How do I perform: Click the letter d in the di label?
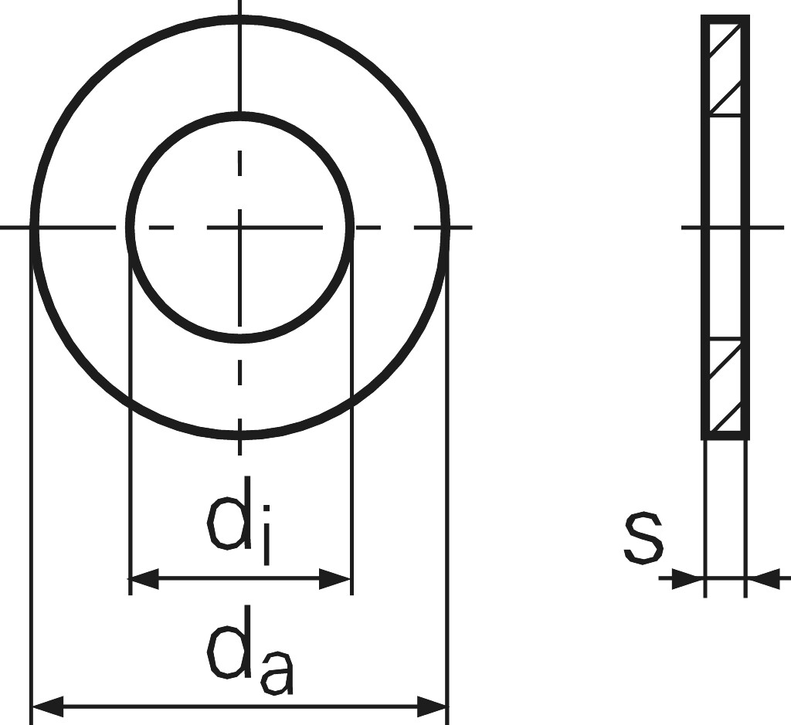point(228,513)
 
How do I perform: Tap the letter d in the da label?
point(228,642)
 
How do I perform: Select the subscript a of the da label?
point(277,673)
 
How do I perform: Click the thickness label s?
point(643,538)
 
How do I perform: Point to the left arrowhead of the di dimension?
point(144,579)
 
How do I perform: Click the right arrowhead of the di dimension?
point(335,579)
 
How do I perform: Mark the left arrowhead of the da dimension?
point(48,706)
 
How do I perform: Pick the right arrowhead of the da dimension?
point(433,706)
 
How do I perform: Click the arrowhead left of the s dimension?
point(687,578)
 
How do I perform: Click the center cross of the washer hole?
point(240,228)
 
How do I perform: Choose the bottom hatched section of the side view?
point(725,386)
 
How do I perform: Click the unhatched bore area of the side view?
point(725,228)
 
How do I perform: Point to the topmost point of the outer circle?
point(240,19)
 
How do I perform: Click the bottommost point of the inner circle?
point(240,338)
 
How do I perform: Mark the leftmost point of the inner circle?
point(130,228)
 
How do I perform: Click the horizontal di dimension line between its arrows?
point(240,579)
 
